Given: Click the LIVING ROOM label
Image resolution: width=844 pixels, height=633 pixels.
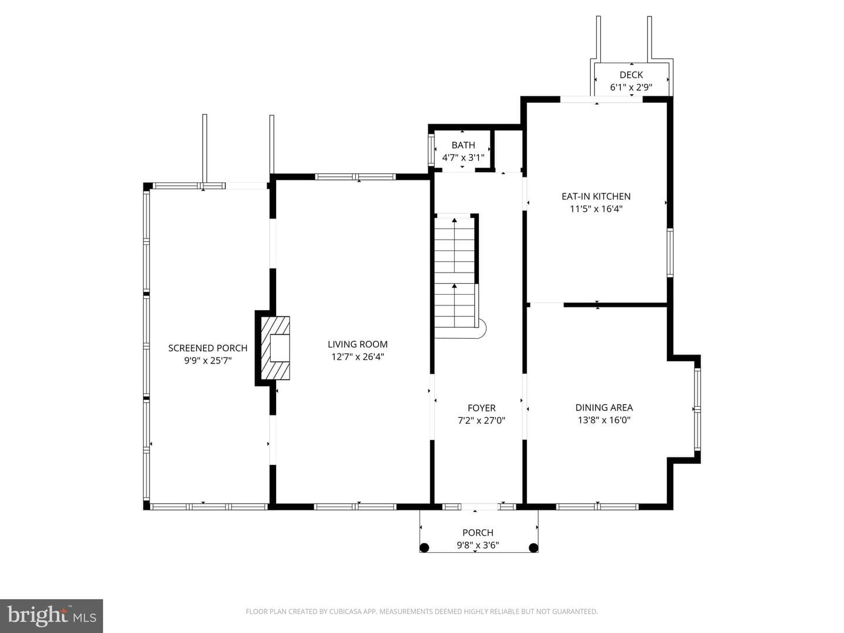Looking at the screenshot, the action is tap(358, 345).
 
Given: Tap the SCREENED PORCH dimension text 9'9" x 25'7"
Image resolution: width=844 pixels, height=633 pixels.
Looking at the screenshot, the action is tap(207, 361).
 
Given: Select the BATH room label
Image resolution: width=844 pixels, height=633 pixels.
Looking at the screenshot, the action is tap(464, 145).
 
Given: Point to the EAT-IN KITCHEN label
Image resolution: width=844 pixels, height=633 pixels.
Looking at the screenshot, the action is tap(596, 196).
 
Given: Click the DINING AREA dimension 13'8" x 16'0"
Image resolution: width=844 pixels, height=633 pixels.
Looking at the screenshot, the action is tap(604, 420).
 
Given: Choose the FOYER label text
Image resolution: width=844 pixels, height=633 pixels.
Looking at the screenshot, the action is tap(481, 408).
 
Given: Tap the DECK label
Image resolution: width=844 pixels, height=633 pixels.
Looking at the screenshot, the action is tap(631, 75).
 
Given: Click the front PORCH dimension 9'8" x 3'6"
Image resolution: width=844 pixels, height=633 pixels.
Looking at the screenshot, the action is tap(478, 545).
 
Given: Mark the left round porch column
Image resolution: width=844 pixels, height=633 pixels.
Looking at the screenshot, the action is tap(424, 547).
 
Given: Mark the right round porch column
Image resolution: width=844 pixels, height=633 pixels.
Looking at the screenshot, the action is tap(533, 547).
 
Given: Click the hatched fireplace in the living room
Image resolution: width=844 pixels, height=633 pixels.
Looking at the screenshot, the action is tap(275, 348).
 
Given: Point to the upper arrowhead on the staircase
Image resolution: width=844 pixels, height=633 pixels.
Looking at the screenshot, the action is tap(454, 220).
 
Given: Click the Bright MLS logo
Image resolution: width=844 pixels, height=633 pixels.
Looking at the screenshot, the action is tap(52, 616).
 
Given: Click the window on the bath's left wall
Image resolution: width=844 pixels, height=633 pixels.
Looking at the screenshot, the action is tap(431, 149).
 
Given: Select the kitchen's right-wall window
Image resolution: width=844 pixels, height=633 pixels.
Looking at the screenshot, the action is tap(670, 253).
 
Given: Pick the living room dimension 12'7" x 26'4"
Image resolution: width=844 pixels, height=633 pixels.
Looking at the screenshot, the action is tap(358, 357).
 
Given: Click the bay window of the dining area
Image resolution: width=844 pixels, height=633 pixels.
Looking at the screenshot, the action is tap(697, 409).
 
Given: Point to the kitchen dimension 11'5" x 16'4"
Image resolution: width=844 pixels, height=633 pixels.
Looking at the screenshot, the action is tap(596, 209).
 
